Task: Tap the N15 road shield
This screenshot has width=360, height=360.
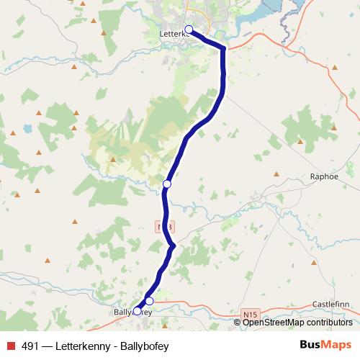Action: [x=249, y=315]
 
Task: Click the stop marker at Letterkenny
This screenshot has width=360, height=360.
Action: [x=189, y=30]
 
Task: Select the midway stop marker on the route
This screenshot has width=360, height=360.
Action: [x=167, y=184]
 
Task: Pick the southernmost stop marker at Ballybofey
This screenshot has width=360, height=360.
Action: [x=137, y=312]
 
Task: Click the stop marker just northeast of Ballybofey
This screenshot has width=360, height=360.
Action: [x=149, y=301]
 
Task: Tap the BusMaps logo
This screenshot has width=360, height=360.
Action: [x=325, y=346]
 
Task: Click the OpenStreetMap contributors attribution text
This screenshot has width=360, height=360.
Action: [x=297, y=323]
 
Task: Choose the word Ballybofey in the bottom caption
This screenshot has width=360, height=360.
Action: [x=144, y=346]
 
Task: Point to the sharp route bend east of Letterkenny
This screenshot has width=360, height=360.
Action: [x=223, y=49]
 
